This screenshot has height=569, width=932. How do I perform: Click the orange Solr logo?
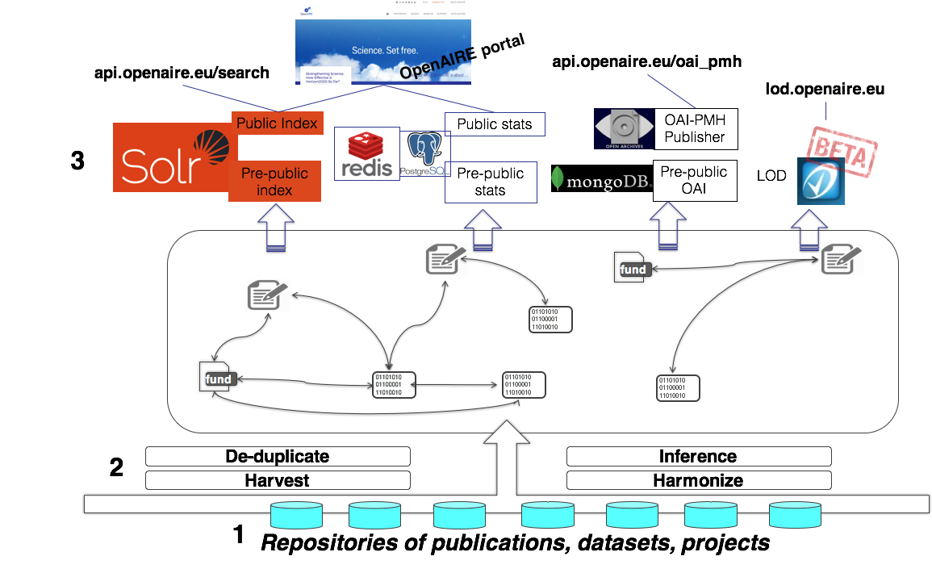[171, 157]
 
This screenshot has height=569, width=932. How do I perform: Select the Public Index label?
[278, 123]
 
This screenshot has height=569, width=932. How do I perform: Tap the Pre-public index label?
[274, 182]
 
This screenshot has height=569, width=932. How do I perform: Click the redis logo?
[367, 154]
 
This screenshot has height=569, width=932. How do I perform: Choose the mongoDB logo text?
[602, 179]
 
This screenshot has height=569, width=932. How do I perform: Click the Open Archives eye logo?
[623, 129]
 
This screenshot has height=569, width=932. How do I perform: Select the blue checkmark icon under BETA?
[821, 181]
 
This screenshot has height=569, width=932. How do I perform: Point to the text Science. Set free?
[384, 51]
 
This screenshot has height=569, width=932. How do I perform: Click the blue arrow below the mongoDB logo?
[667, 225]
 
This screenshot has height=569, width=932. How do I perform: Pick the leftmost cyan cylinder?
[296, 516]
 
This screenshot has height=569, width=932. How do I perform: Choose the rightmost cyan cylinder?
[795, 516]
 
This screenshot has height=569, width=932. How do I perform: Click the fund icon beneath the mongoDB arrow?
[633, 268]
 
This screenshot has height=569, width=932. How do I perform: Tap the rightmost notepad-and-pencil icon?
[842, 261]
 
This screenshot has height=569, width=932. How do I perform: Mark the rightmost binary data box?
[678, 387]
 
